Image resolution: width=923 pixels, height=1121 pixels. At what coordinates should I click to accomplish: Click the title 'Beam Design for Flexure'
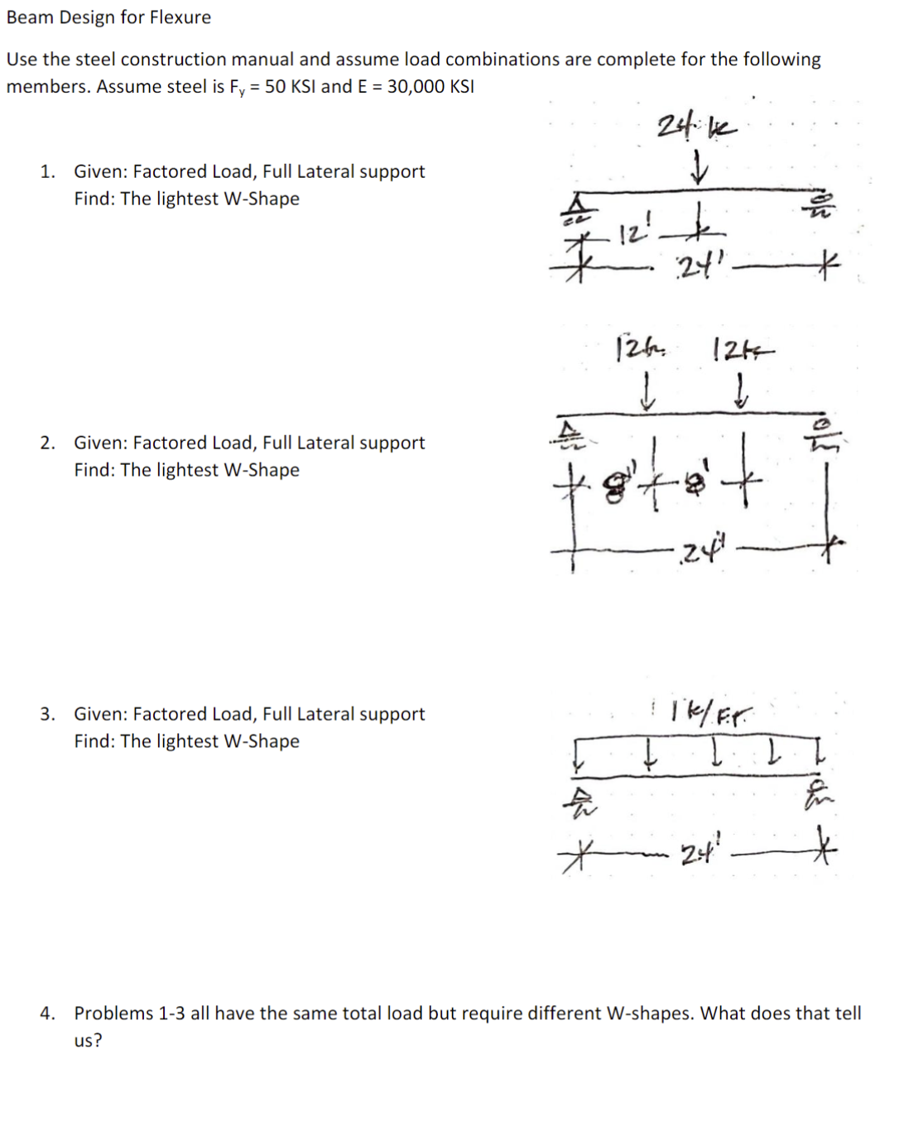108,17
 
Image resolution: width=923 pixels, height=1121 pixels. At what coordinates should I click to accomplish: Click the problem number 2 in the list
47,443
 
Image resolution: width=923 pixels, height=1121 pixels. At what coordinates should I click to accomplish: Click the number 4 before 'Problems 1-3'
47,1013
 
